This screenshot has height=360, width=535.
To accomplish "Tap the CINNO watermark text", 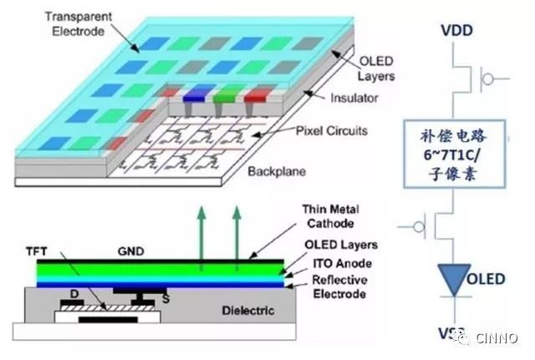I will [498, 338].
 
